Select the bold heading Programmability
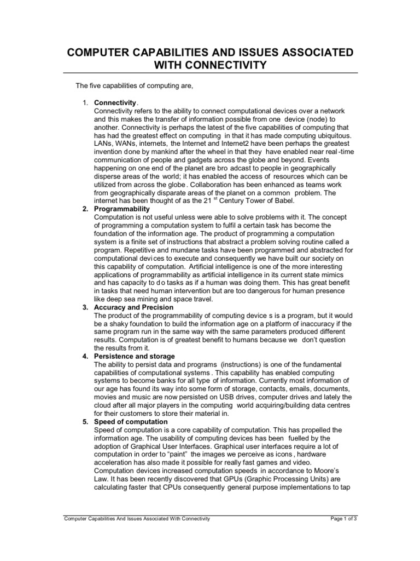coord(122,209)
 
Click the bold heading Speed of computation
coord(131,422)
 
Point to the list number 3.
coord(85,308)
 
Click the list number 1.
coord(85,103)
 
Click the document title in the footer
coord(137,518)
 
